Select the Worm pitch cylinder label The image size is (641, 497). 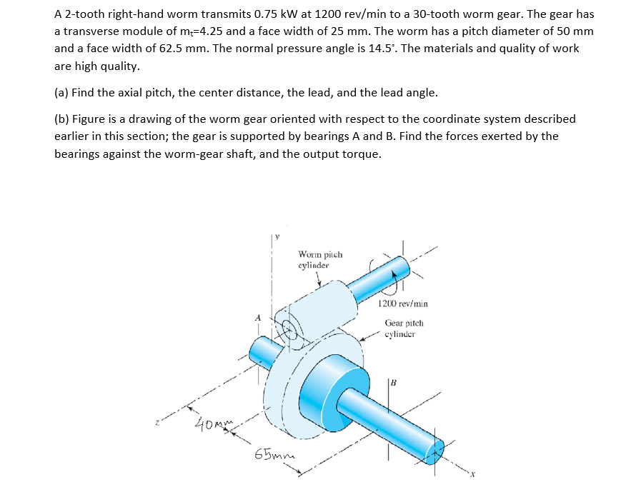(x=319, y=259)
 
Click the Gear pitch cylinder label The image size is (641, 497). (x=404, y=328)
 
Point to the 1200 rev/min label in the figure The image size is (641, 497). (x=403, y=303)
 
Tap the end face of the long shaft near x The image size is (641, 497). (x=437, y=449)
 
